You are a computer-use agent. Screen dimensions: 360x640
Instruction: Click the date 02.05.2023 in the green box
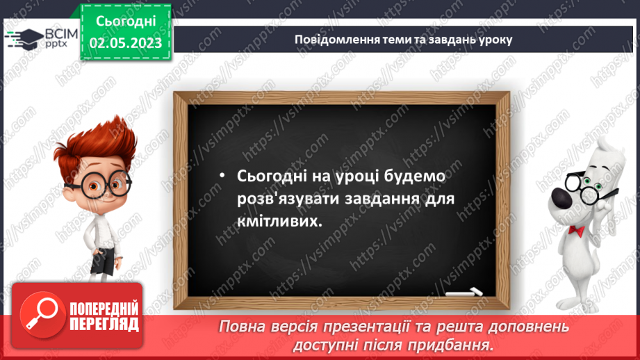[125, 43]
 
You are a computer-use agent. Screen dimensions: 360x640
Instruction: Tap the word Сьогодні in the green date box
[125, 23]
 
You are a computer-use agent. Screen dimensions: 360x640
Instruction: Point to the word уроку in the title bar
[494, 39]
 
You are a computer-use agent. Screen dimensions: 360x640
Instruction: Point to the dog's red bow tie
[576, 229]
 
